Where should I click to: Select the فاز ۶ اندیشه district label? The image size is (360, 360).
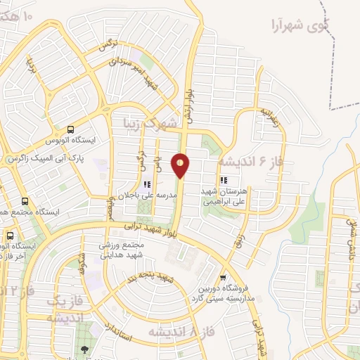[x=250, y=161]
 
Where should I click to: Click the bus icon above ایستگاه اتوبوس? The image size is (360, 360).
[x=70, y=129]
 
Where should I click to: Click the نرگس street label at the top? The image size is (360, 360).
[x=106, y=46]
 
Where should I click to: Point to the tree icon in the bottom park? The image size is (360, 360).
[x=85, y=349]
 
